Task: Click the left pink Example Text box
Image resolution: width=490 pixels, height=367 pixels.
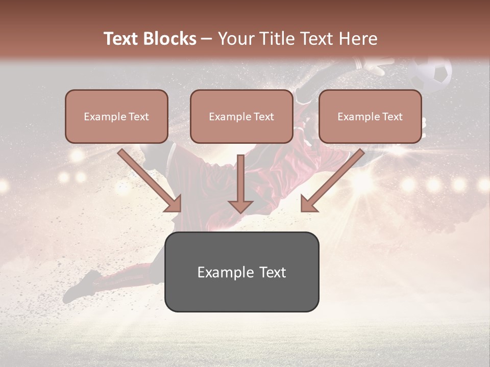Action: click(116, 116)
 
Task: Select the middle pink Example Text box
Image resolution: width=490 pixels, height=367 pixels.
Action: click(241, 116)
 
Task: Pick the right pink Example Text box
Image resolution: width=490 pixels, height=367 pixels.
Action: click(370, 116)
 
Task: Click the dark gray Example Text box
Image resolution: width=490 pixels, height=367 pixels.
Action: click(241, 272)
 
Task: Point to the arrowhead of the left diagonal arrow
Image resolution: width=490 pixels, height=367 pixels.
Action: click(174, 204)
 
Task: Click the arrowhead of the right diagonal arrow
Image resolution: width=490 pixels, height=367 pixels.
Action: click(309, 204)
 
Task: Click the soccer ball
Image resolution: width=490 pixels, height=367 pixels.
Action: click(432, 74)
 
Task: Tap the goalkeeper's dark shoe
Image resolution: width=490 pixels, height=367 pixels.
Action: click(82, 285)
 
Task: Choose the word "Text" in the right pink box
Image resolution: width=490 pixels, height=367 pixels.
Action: click(392, 117)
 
